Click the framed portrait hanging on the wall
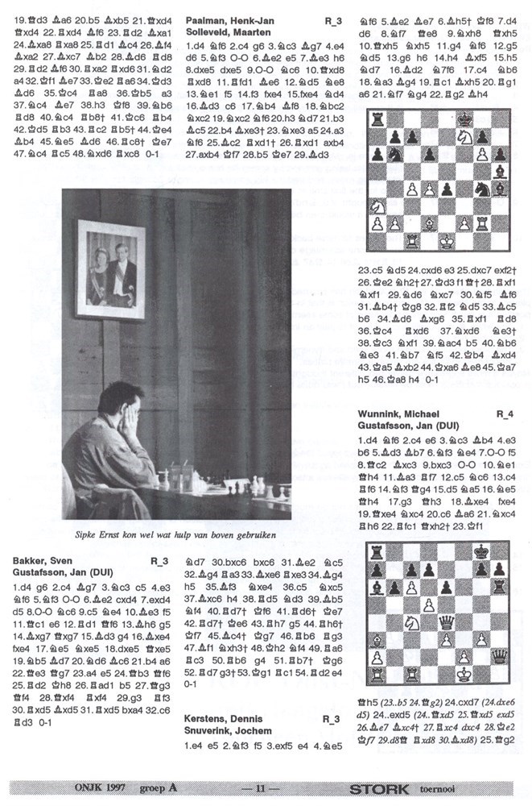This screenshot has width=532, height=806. point(110,263)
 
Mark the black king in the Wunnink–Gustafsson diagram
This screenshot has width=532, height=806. point(480,551)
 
